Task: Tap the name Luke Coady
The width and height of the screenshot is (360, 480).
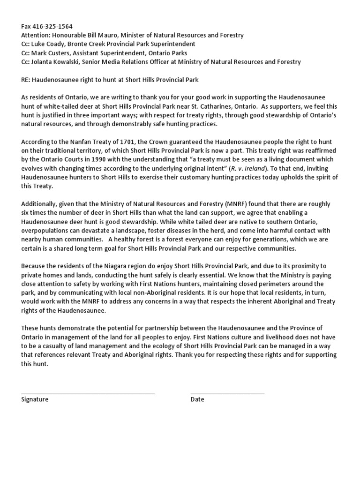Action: click(x=49, y=44)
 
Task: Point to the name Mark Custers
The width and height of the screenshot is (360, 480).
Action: click(x=51, y=53)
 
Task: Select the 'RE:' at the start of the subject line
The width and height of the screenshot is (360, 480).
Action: click(x=26, y=80)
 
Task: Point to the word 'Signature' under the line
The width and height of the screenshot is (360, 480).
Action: click(x=35, y=399)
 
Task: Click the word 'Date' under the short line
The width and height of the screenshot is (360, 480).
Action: click(x=197, y=399)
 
